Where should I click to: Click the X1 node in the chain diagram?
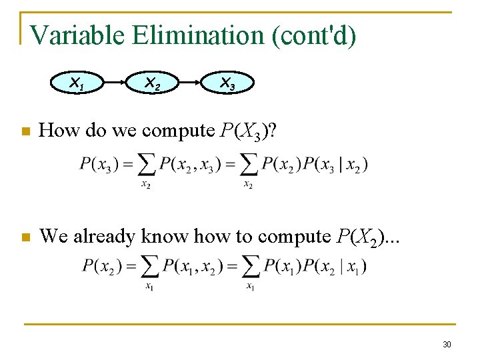[x=77, y=83]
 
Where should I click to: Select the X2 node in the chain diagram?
[x=153, y=83]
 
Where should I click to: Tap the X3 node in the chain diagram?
[x=227, y=83]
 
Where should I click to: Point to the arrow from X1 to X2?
[x=115, y=83]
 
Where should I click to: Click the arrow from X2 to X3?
[x=190, y=83]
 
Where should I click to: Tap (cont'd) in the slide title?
[x=313, y=35]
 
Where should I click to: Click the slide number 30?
[x=447, y=344]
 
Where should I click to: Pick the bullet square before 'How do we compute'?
[x=25, y=132]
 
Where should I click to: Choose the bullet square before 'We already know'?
[x=25, y=237]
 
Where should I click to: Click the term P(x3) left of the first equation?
[x=99, y=164]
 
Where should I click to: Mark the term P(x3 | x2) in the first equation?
[x=336, y=164]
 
